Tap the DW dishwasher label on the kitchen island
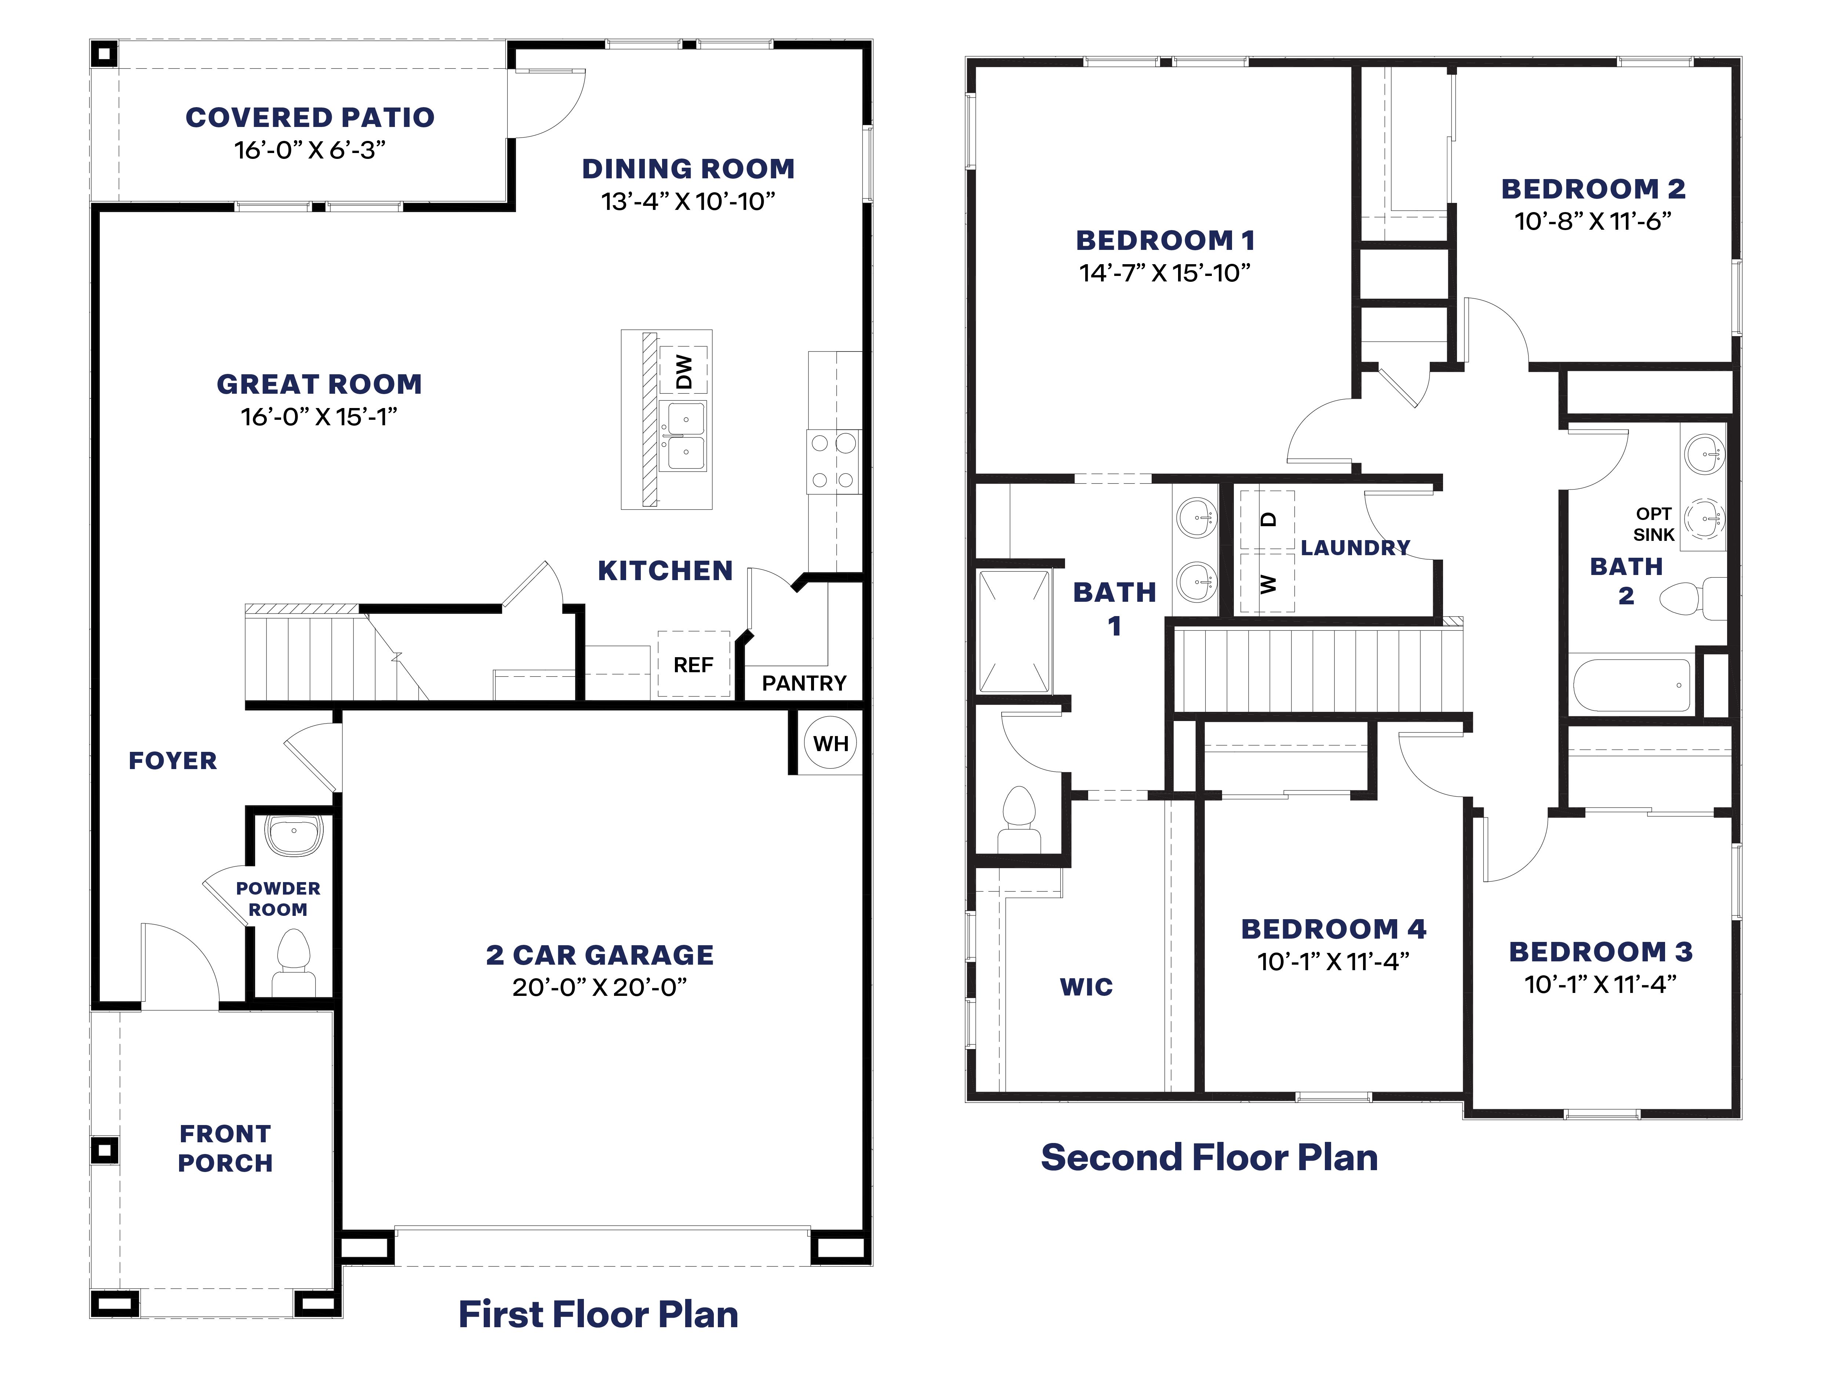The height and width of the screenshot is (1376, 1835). [684, 372]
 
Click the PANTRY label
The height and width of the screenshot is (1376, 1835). [804, 684]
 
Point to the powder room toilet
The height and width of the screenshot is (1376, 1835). [293, 962]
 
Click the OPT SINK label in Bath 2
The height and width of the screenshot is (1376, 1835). [1653, 524]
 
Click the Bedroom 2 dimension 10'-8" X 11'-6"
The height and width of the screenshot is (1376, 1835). [1593, 222]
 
